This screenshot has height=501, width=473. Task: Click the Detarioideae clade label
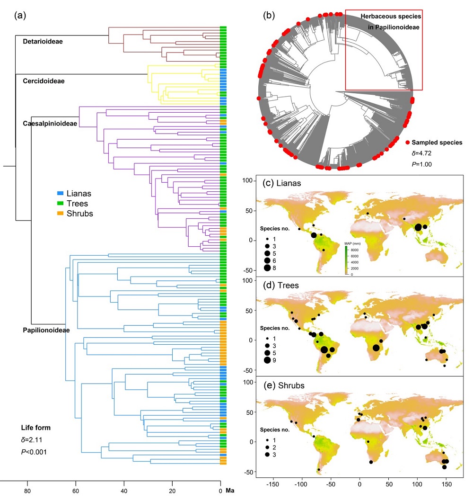(x=43, y=42)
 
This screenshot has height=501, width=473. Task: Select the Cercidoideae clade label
(x=44, y=81)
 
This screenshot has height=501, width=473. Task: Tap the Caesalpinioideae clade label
(x=50, y=123)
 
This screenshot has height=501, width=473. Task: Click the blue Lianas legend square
(x=59, y=194)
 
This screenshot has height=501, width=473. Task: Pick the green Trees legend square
(x=59, y=204)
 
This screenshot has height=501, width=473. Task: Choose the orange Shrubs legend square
(x=59, y=214)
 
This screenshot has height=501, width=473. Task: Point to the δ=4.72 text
(x=421, y=153)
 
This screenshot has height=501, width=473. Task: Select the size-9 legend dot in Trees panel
(x=267, y=360)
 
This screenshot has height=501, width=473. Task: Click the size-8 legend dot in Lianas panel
(x=267, y=268)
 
